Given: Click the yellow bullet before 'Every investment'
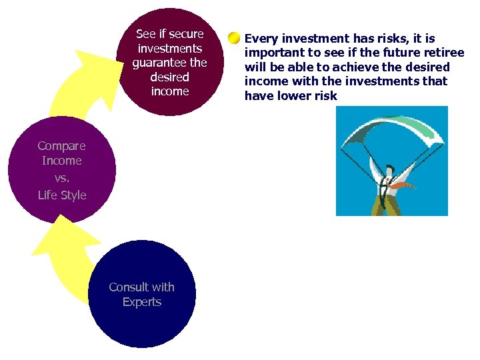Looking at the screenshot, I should click(233, 38).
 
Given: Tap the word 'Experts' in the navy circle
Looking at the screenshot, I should click(142, 302).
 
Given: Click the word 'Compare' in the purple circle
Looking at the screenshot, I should click(61, 146).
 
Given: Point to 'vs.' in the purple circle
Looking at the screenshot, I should click(61, 178).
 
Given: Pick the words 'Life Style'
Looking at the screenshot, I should click(62, 195).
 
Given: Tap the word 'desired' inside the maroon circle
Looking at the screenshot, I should click(169, 77).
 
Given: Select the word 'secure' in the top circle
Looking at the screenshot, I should click(186, 34).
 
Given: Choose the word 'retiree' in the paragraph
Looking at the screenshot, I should click(442, 53).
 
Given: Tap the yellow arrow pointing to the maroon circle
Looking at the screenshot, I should click(73, 87).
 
